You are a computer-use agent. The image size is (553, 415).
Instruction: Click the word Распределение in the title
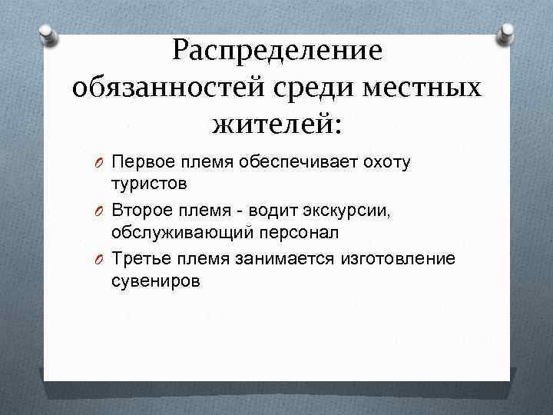coord(276,50)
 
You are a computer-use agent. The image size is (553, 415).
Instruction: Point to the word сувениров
coord(156,281)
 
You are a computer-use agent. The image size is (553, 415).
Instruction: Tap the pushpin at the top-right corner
coord(507,32)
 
